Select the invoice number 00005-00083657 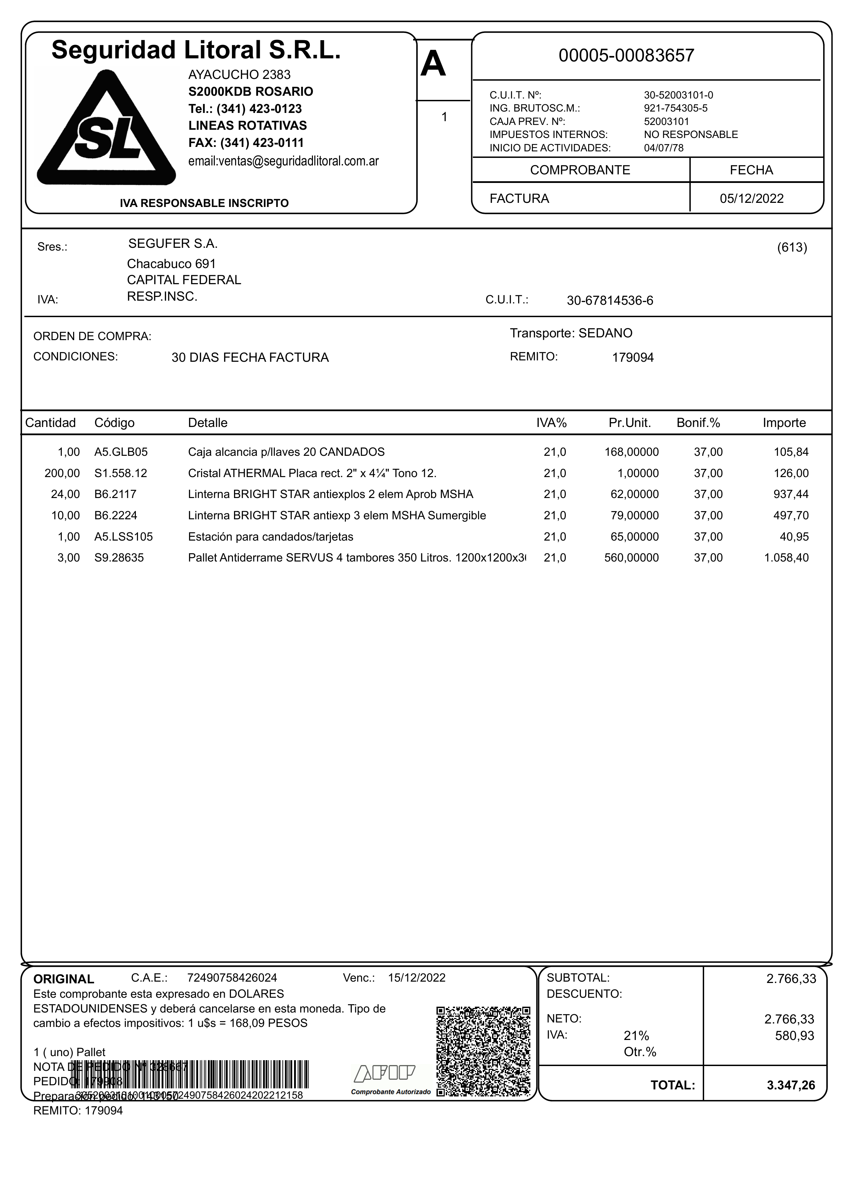pyautogui.click(x=626, y=56)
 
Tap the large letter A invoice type pyautogui.click(x=433, y=65)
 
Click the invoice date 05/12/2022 pyautogui.click(x=751, y=199)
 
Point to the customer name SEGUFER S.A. pyautogui.click(x=173, y=244)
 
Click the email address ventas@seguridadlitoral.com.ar pyautogui.click(x=283, y=161)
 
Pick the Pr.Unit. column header pyautogui.click(x=629, y=423)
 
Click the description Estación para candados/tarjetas pyautogui.click(x=270, y=537)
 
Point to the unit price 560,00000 pyautogui.click(x=631, y=558)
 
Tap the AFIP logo pyautogui.click(x=385, y=1074)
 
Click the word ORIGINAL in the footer pyautogui.click(x=64, y=979)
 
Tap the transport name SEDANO pyautogui.click(x=605, y=333)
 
